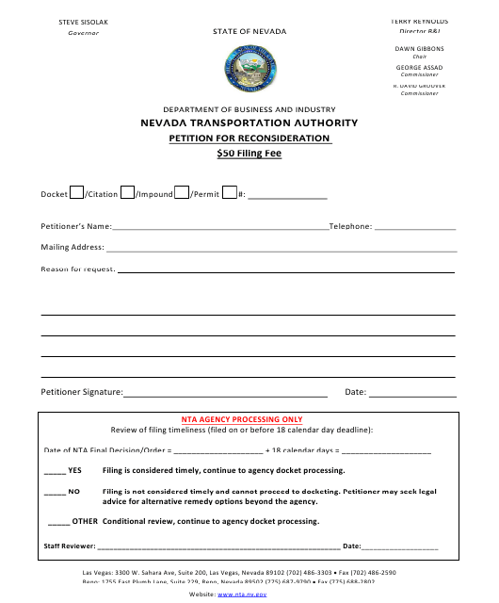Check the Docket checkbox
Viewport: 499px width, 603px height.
coord(76,193)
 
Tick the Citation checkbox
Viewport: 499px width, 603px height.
coord(127,193)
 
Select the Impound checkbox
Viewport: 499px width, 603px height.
coord(182,193)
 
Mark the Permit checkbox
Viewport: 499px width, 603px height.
coord(228,193)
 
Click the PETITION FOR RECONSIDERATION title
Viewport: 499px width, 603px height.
coord(249,138)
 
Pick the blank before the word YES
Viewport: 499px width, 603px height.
coord(55,470)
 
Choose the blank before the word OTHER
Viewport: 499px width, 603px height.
coord(58,521)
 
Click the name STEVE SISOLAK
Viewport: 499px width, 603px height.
coord(84,20)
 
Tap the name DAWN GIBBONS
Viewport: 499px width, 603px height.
coord(419,48)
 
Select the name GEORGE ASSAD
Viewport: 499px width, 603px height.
coord(419,67)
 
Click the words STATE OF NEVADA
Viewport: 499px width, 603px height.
coord(249,31)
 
